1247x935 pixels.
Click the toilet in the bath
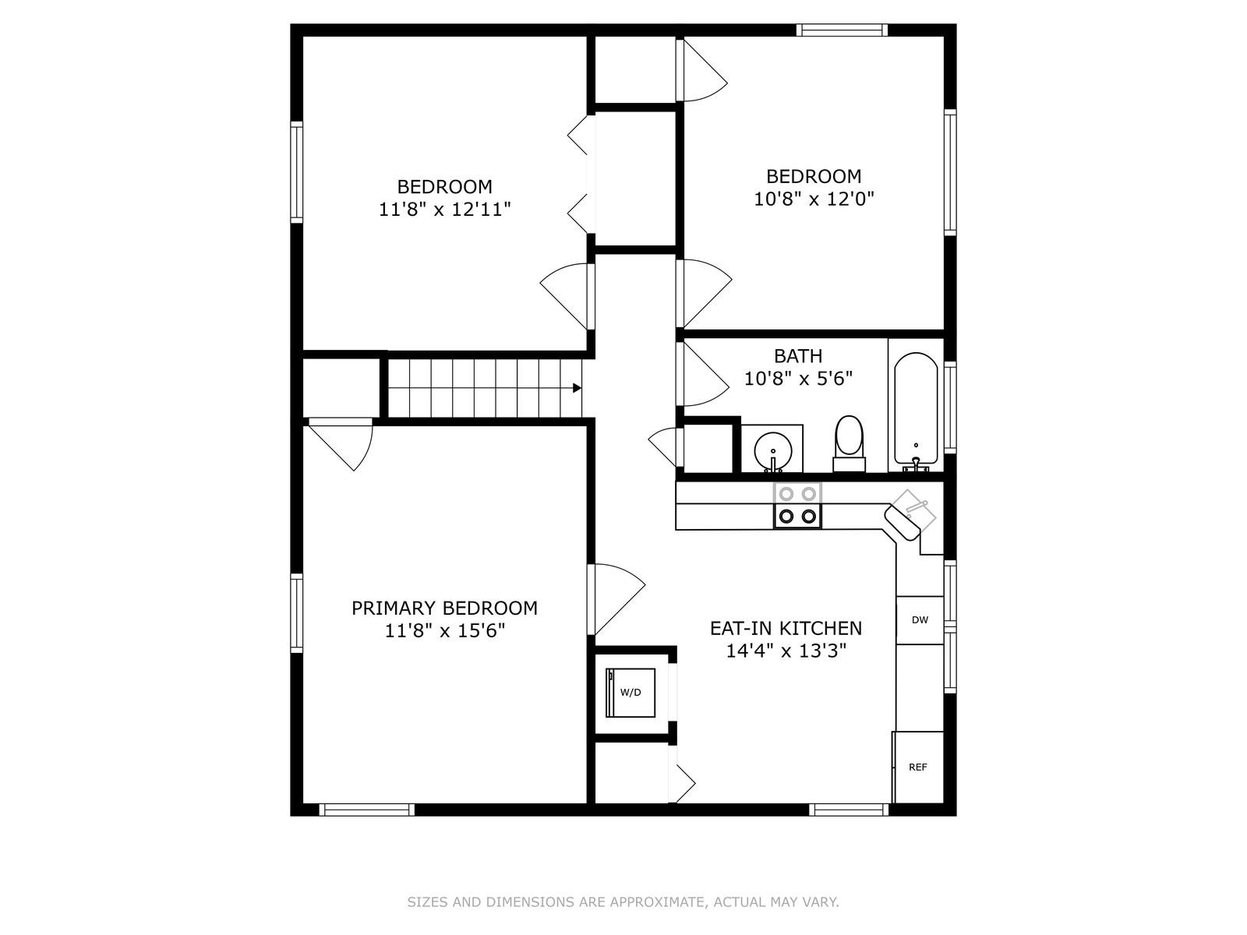pos(849,444)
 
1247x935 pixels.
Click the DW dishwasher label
pos(920,620)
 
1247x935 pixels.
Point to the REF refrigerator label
pos(917,767)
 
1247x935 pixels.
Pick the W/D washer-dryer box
pos(630,693)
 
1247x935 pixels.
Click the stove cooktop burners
pos(797,505)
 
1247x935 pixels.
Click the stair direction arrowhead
pos(577,388)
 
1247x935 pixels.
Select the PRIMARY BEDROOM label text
pos(444,608)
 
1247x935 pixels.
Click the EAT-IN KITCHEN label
pos(786,628)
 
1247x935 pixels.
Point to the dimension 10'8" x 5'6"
pos(798,378)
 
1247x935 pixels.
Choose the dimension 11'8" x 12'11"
pos(444,210)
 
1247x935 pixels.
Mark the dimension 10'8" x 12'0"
pos(814,199)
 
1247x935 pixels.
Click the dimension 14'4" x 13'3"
pos(786,651)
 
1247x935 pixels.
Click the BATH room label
pos(798,356)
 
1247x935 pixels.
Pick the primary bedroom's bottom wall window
pos(366,810)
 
